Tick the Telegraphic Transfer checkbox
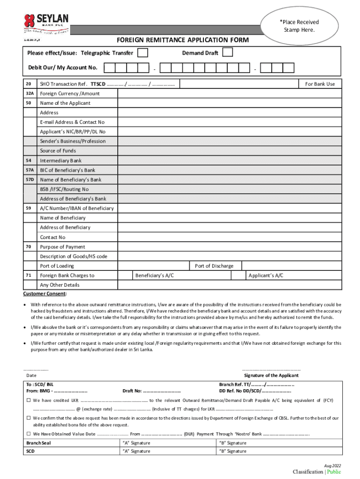144,53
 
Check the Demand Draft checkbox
228,52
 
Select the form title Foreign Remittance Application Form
183,40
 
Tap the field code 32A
29,94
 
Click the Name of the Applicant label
65,103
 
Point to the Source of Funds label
58,151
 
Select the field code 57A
29,170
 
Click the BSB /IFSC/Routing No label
64,189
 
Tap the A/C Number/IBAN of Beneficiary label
77,208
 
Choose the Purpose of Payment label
63,247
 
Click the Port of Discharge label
214,266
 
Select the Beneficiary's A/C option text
155,276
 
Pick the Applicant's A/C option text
266,276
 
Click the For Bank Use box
320,84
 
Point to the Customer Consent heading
45,294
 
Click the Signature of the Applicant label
271,375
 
